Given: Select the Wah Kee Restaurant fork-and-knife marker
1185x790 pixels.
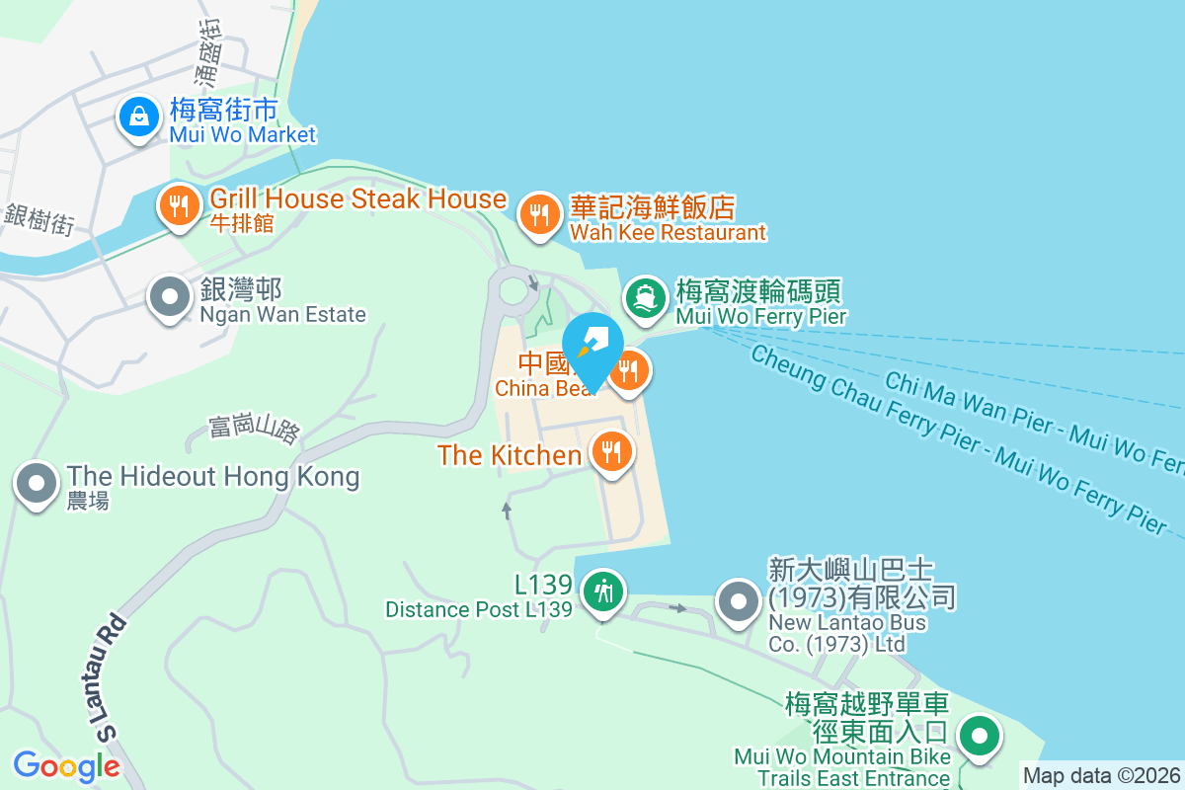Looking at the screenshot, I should tap(539, 213).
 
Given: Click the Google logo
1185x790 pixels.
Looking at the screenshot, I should tap(66, 765).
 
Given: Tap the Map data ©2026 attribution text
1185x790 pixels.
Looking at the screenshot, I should tap(1101, 775).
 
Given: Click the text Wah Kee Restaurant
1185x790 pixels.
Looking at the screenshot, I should tap(668, 233).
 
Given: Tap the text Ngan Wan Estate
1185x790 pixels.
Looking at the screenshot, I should tap(282, 315).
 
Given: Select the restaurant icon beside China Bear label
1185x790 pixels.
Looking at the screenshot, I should tap(629, 371).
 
